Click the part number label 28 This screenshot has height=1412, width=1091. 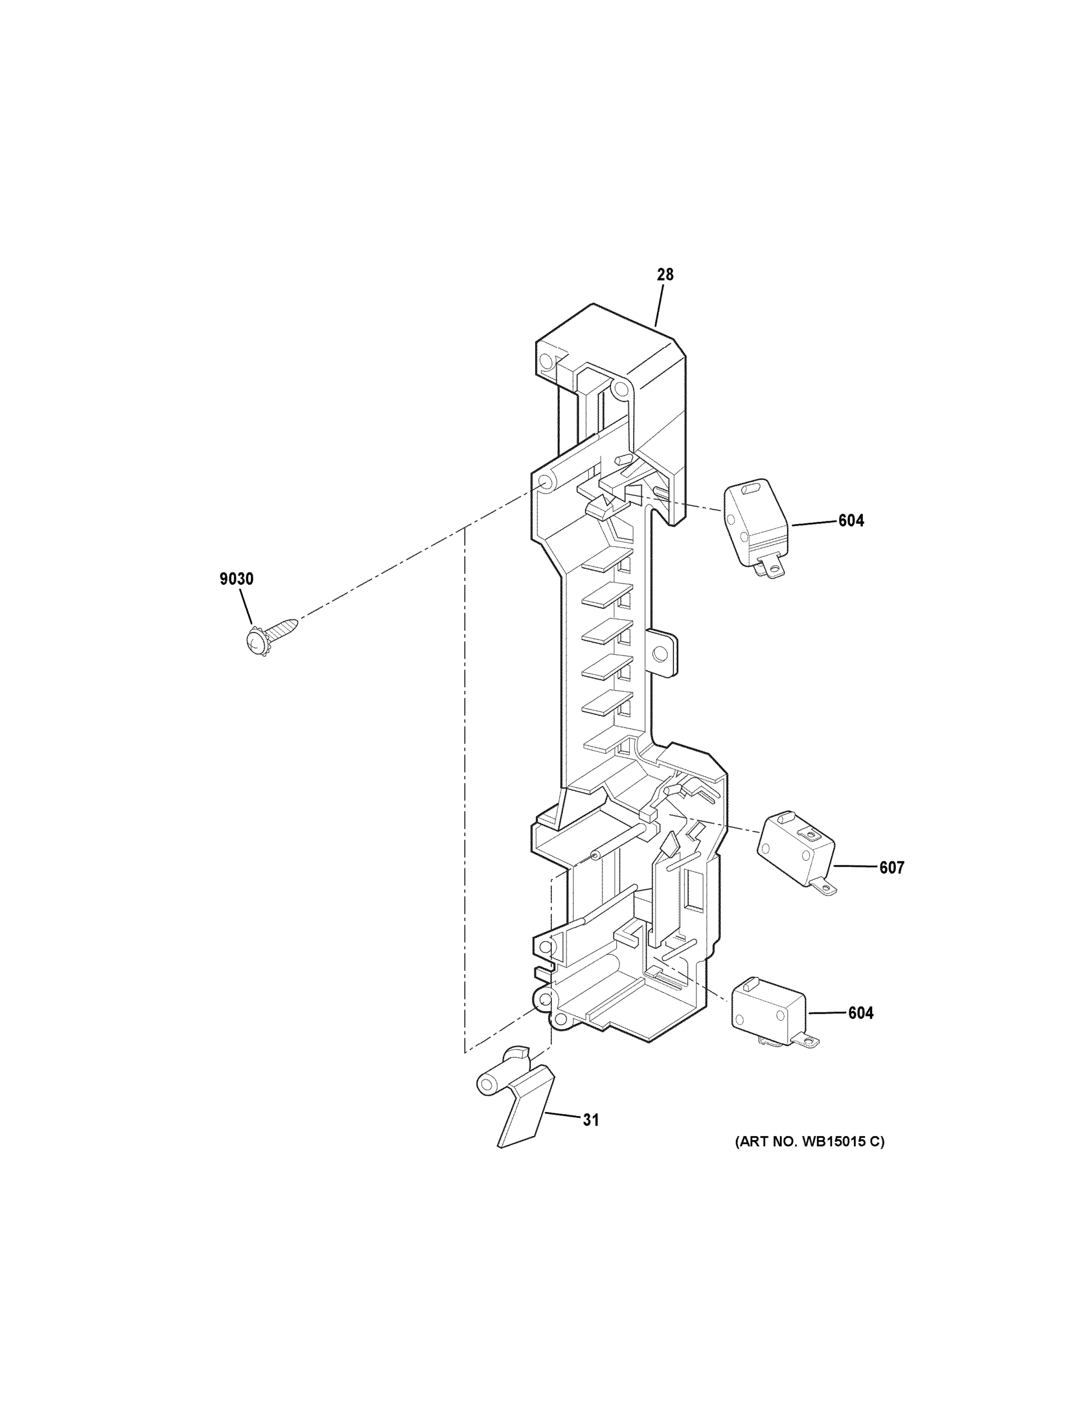(665, 275)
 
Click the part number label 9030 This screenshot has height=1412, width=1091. (236, 579)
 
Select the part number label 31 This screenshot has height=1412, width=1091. (590, 1120)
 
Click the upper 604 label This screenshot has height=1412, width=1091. (850, 521)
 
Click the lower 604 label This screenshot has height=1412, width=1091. (860, 1013)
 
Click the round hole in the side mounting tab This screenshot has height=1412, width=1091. (660, 655)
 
